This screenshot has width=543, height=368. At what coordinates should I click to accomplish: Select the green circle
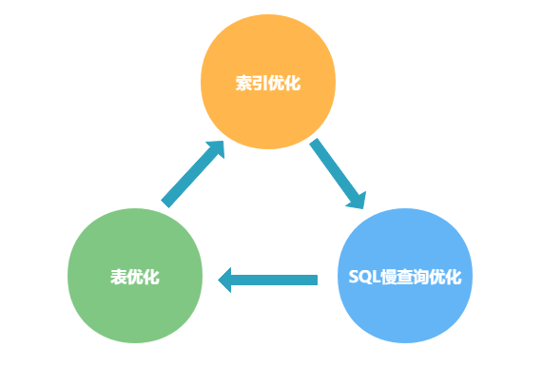[x=135, y=278]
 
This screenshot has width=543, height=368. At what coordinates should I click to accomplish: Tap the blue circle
[x=404, y=278]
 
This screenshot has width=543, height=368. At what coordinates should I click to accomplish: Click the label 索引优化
[x=268, y=83]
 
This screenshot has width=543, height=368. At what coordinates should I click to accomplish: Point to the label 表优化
[x=135, y=278]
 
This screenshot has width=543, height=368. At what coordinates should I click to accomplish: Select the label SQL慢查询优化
[x=404, y=278]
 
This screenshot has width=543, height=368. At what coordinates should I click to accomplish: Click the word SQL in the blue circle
[x=362, y=278]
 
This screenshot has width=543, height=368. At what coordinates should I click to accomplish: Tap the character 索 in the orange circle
[x=243, y=83]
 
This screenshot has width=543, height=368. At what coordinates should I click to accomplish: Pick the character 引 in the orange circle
[x=260, y=83]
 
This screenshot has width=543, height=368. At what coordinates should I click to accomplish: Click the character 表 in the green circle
[x=119, y=278]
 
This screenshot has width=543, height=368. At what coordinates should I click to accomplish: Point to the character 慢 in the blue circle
[x=387, y=278]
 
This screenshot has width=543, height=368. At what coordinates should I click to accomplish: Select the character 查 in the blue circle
[x=404, y=278]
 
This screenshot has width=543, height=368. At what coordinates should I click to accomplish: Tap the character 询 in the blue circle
[x=420, y=278]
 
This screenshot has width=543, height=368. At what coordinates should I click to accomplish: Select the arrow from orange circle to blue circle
[x=338, y=174]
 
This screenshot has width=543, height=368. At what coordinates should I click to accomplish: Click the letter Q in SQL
[x=362, y=278]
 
